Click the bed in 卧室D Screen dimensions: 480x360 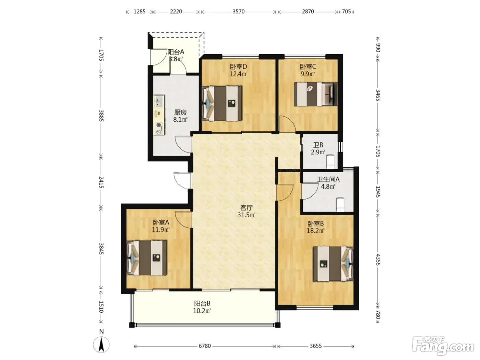[x=222, y=104]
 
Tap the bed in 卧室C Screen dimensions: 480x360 [x=315, y=94]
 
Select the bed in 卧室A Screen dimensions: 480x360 [x=146, y=258]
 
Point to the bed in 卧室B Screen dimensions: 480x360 [x=333, y=264]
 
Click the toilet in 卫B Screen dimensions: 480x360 [x=330, y=162]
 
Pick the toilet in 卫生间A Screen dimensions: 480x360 [x=340, y=205]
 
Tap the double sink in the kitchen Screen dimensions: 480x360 [x=159, y=101]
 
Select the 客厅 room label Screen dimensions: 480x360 [x=247, y=207]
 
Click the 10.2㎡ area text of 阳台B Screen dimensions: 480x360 [x=202, y=311]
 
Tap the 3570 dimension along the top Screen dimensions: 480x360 [x=238, y=12]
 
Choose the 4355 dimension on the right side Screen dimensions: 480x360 [x=378, y=260]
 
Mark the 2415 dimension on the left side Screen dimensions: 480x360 [x=101, y=182]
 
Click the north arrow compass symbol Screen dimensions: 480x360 [x=101, y=345]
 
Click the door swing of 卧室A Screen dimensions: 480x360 [x=183, y=220]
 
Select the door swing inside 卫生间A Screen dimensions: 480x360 [x=310, y=191]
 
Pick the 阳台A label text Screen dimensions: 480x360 [x=176, y=52]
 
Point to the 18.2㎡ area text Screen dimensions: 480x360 [x=315, y=231]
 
